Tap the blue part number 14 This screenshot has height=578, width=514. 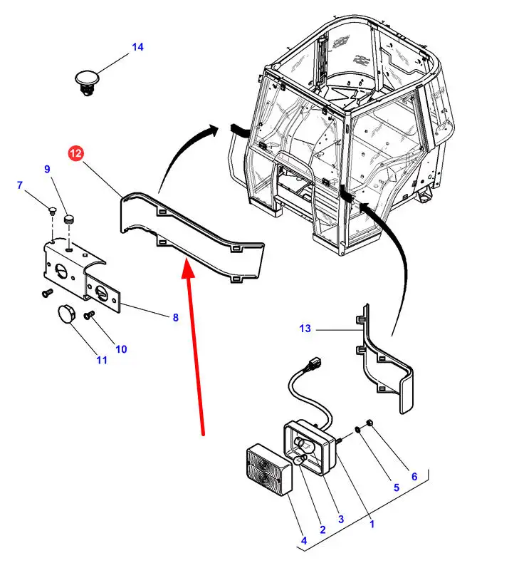pyautogui.click(x=137, y=47)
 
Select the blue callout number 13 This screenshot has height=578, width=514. pyautogui.click(x=305, y=329)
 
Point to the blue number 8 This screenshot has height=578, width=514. pyautogui.click(x=175, y=318)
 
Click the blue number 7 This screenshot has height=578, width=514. pyautogui.click(x=20, y=186)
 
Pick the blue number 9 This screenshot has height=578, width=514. pyautogui.click(x=48, y=170)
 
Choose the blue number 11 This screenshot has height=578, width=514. pyautogui.click(x=102, y=360)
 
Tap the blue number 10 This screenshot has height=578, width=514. pyautogui.click(x=121, y=349)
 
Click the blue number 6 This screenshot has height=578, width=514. pyautogui.click(x=414, y=477)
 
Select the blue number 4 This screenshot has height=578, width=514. pyautogui.click(x=304, y=541)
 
